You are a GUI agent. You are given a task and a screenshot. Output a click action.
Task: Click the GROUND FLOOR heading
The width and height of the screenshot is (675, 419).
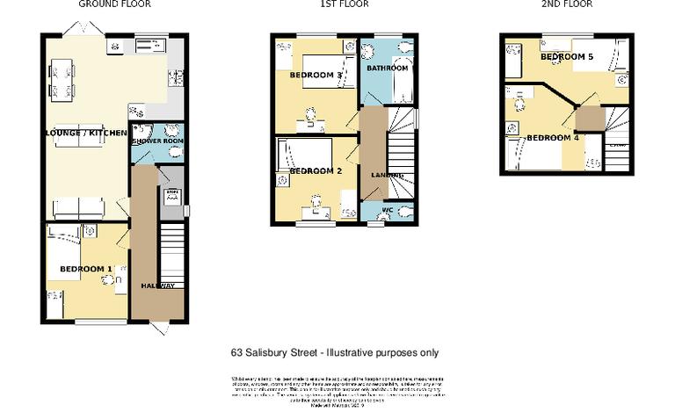pyautogui.click(x=114, y=4)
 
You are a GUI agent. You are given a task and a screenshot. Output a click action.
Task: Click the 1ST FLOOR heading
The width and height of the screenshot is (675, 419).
pyautogui.click(x=344, y=4)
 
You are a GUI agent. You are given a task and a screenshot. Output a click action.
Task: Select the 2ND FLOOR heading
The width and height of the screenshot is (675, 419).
pyautogui.click(x=567, y=4)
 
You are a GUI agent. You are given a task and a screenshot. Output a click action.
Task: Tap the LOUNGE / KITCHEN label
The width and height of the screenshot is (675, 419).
pyautogui.click(x=87, y=133)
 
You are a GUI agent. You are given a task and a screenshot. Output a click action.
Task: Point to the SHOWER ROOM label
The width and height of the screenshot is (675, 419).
pyautogui.click(x=157, y=141)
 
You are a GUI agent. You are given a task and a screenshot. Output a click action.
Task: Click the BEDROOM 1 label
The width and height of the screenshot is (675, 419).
pyautogui.click(x=85, y=269)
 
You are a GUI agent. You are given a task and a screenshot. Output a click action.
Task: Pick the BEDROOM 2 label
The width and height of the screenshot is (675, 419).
pyautogui.click(x=315, y=170)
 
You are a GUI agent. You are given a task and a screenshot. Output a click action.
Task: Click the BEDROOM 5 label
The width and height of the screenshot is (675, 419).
pyautogui.click(x=567, y=57)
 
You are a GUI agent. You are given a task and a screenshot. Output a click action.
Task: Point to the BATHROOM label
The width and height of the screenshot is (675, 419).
pyautogui.click(x=387, y=68)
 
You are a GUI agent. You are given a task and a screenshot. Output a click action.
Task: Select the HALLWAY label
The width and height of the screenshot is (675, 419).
pyautogui.click(x=157, y=286)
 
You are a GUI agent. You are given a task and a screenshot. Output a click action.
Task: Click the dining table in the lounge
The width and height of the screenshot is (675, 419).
pyautogui.click(x=61, y=78)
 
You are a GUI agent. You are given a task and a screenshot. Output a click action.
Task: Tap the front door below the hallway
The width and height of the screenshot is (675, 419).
pyautogui.click(x=158, y=328)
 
